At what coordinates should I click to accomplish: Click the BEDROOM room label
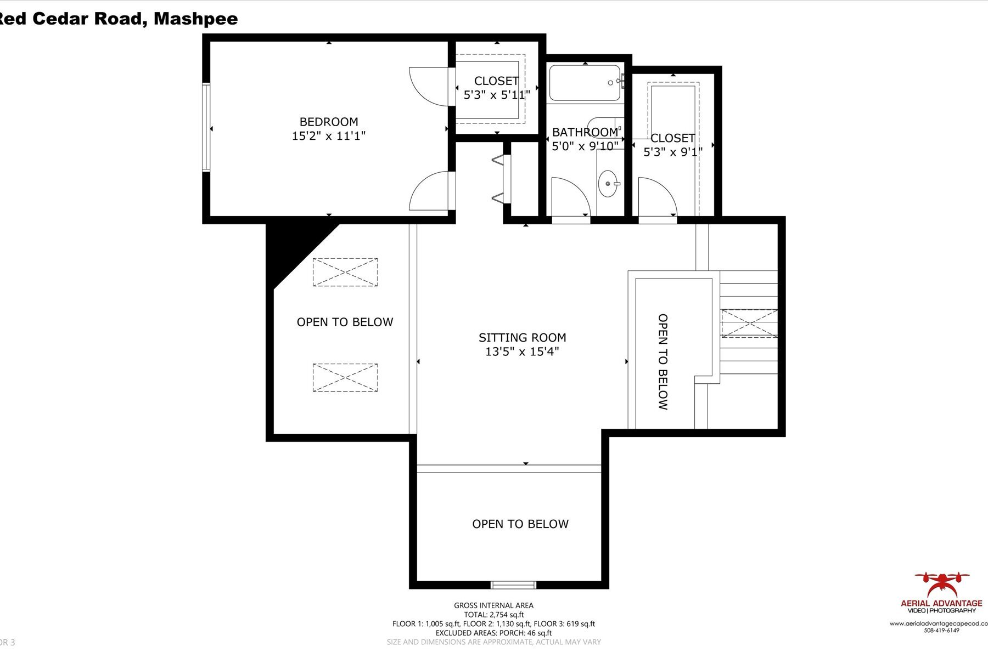(x=328, y=122)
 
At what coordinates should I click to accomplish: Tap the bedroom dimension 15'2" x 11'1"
(x=328, y=136)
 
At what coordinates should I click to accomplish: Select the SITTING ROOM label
(x=522, y=338)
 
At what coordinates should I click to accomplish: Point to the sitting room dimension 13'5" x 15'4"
(x=522, y=352)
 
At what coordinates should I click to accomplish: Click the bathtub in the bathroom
(x=585, y=83)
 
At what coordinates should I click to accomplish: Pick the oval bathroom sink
(x=608, y=183)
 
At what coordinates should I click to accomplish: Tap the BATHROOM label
(x=585, y=132)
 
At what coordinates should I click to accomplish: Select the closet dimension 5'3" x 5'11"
(x=496, y=95)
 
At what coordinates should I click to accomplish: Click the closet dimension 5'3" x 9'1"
(x=672, y=152)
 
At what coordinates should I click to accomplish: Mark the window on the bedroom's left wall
(x=206, y=127)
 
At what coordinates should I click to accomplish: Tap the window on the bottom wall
(x=513, y=585)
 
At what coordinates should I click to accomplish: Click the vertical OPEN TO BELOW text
(x=663, y=362)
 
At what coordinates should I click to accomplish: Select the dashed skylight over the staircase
(x=749, y=323)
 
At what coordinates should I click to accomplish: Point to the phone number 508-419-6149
(x=941, y=631)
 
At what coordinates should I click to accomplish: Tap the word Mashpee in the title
(x=195, y=19)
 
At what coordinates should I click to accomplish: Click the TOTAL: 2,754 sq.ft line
(x=493, y=615)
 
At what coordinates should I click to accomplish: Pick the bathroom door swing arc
(x=571, y=196)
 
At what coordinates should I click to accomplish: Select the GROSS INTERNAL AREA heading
(x=493, y=605)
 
